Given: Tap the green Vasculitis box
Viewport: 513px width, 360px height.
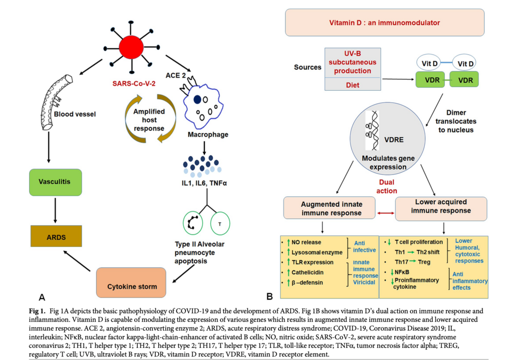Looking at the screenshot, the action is coord(55,182).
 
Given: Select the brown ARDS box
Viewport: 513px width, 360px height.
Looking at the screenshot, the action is coord(56,236).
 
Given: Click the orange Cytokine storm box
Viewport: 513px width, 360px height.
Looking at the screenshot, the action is coord(131,282).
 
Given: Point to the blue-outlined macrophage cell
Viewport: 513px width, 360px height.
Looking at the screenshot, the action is coord(202,106).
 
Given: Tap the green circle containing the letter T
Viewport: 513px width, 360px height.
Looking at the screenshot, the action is coord(220,224).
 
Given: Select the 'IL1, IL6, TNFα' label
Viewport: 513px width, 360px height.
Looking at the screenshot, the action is coord(204,183).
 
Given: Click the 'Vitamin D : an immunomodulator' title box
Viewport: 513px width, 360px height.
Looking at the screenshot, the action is coord(384,23).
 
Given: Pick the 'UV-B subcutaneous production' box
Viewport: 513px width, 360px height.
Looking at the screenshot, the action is coord(353,63).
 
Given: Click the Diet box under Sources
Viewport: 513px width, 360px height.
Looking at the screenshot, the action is coord(353,84).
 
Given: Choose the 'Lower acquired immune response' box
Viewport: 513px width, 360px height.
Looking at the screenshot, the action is coord(441,209).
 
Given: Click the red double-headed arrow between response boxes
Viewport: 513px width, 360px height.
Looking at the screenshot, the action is coord(386,213).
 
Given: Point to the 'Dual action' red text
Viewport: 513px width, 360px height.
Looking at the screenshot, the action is coord(387,186).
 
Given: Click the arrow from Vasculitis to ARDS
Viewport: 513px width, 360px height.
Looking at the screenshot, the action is coord(55,210).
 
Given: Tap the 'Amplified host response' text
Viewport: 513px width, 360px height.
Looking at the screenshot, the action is coord(149,120).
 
